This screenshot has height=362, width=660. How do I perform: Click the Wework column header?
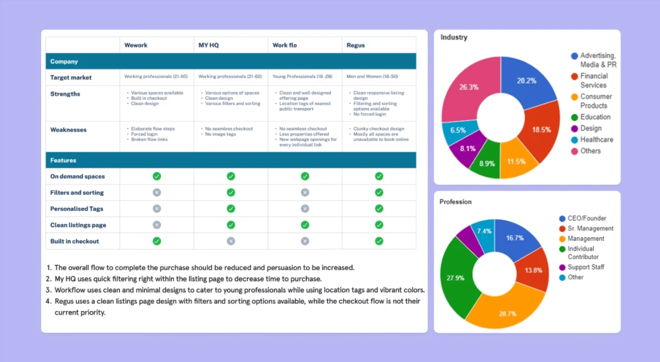tap(136, 45)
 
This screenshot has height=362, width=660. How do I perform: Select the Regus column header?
tap(356, 45)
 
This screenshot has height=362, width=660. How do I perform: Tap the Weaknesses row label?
tap(68, 130)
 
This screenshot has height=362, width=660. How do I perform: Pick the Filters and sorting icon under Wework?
tap(157, 193)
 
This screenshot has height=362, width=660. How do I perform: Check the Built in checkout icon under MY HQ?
tap(231, 241)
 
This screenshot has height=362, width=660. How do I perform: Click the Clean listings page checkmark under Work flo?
tap(305, 225)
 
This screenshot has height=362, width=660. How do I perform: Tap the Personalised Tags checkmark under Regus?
tap(379, 209)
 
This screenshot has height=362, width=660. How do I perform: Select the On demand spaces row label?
tap(77, 176)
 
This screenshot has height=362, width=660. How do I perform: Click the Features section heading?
tap(63, 160)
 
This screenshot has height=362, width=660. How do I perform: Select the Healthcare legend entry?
tap(596, 139)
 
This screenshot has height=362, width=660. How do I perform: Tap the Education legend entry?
tap(595, 117)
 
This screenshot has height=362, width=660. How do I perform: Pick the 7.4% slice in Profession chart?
tap(484, 231)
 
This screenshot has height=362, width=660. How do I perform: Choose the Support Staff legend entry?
tap(586, 267)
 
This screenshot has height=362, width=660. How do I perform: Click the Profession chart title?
tap(456, 202)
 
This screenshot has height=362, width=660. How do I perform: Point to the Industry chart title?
tap(454, 37)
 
